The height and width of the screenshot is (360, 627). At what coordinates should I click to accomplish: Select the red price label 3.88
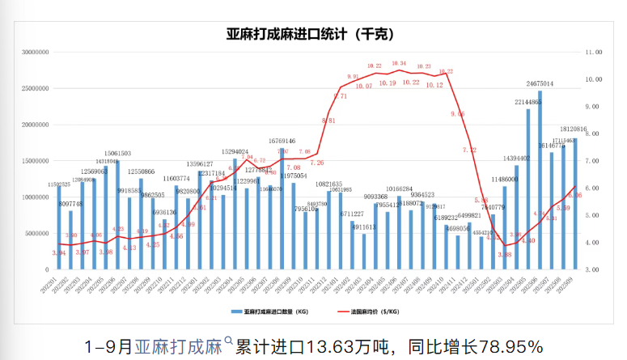click(x=505, y=255)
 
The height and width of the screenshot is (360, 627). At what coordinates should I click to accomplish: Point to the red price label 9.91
click(x=353, y=76)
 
